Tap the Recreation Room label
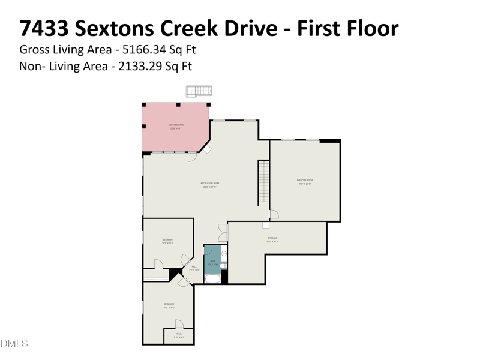pos(209,185)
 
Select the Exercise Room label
pos(305,181)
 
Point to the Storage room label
pos(272,240)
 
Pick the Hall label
pos(194,268)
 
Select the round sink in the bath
pos(223,253)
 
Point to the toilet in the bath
pos(223,265)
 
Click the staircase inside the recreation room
pos(263,182)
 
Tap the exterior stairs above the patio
pos(199,91)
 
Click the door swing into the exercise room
pos(274,215)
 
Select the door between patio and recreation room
pos(192,158)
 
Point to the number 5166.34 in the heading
pos(134,49)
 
